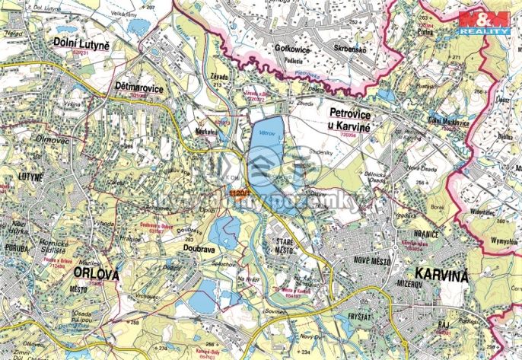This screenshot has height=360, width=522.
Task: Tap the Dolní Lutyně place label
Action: (82, 45)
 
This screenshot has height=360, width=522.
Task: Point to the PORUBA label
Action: (15, 246)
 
